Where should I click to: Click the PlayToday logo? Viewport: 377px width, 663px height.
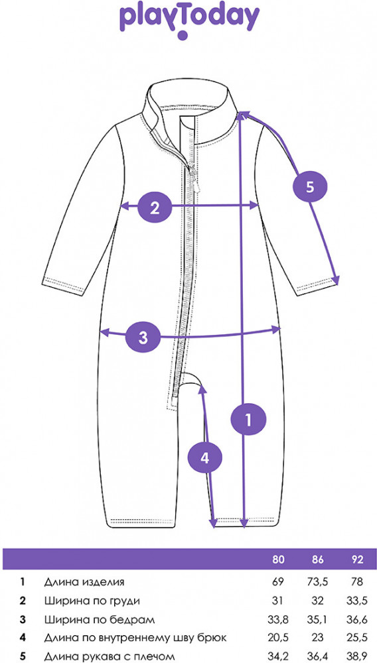188,20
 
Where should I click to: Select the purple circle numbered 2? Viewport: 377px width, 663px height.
155,207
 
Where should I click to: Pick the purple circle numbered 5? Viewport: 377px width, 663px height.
310,186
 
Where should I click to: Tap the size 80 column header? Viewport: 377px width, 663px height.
278,560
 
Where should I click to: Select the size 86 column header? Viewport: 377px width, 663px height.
317,560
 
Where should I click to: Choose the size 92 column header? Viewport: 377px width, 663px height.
357,560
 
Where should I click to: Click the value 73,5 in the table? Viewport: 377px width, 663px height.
317,582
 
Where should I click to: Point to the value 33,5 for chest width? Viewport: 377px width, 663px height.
357,601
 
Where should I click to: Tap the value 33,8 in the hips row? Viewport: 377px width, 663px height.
278,620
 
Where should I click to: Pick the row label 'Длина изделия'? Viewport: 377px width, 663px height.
84,582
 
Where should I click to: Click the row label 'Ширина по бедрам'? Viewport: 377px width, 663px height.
99,620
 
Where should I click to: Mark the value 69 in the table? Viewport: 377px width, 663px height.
278,582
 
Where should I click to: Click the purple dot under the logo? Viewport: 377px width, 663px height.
183,34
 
